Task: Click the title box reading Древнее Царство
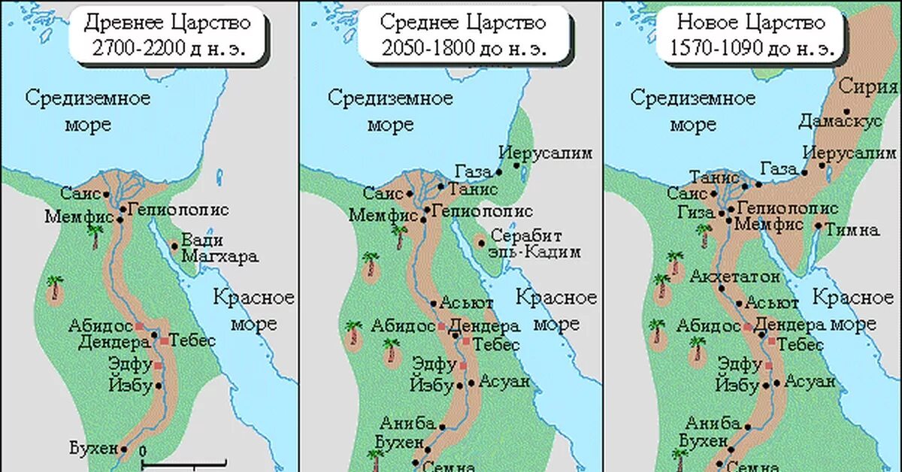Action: (167, 36)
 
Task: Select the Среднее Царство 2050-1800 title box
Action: (462, 36)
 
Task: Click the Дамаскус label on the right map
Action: (840, 122)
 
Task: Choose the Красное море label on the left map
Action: (253, 310)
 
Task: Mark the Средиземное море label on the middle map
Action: (390, 110)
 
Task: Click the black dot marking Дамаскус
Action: (846, 111)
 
